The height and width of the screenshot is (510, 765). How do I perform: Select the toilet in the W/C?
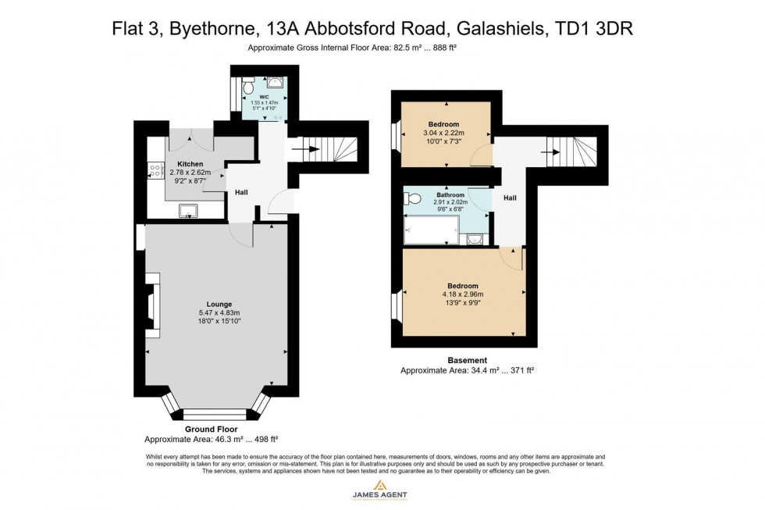[x=248, y=82]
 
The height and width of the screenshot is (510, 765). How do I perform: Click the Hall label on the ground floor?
[x=241, y=192]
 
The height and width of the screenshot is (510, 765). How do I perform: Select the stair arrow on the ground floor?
[x=301, y=146]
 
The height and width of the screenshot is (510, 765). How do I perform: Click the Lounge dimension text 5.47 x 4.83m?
[x=219, y=313]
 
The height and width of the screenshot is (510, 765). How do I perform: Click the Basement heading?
[x=468, y=360]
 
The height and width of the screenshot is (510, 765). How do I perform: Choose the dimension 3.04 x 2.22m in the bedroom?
[x=443, y=134]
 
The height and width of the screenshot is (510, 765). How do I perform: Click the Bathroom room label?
[x=450, y=195]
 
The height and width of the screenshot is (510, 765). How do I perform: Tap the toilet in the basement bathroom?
[x=413, y=198]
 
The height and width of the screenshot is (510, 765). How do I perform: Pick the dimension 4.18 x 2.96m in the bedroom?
[x=463, y=294]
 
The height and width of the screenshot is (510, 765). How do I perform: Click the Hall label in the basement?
[x=510, y=198]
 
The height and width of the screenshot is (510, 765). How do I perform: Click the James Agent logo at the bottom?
[x=382, y=494]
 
